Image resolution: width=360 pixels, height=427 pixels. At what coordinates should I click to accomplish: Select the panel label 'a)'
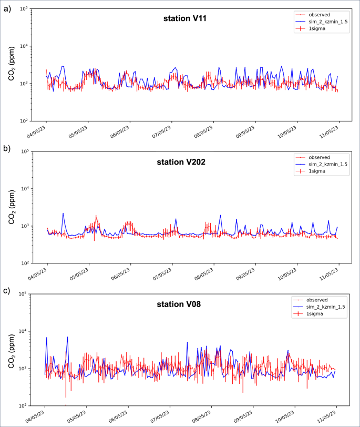pyautogui.click(x=7, y=7)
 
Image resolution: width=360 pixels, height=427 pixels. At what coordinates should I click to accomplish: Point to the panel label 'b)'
pyautogui.click(x=7, y=149)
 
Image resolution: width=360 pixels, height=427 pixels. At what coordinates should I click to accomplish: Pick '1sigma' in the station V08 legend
pyautogui.click(x=317, y=313)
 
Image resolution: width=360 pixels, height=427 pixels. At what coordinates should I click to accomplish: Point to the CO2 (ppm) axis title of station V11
pyautogui.click(x=10, y=66)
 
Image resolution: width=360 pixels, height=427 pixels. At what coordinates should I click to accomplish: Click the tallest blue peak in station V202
pyautogui.click(x=63, y=213)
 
